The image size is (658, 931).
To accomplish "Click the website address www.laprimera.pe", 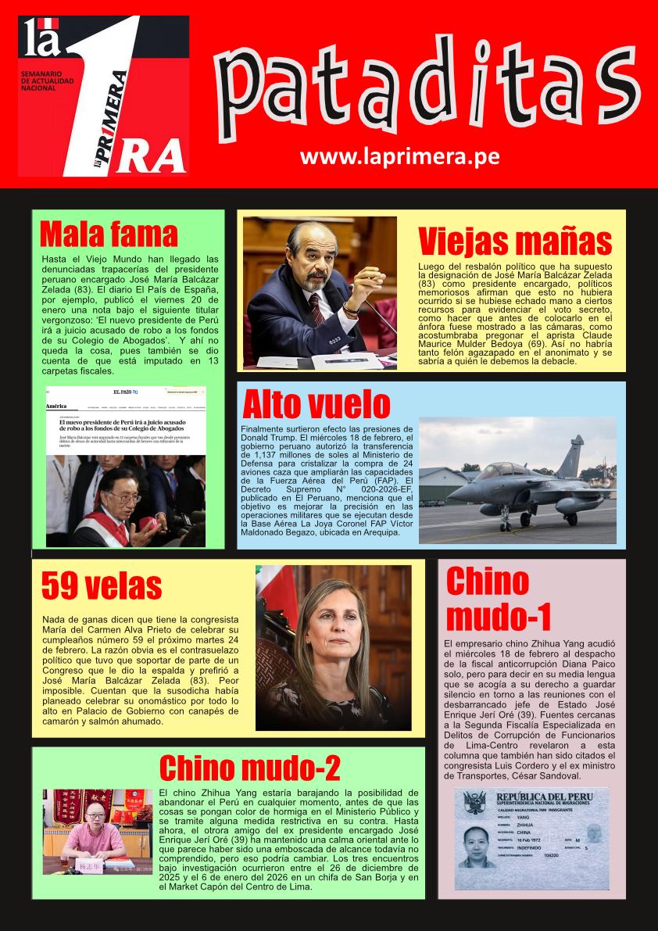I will coord(399,156).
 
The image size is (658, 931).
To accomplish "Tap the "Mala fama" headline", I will coord(109,234).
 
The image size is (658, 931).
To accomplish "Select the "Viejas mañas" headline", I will coord(514,242).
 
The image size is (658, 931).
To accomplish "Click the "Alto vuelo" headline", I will coord(316,405).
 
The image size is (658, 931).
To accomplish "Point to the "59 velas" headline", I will coord(101,585).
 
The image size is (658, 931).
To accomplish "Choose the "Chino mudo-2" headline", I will coord(249,768).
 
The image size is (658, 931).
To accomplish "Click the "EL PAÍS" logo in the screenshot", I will coord(125,392).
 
